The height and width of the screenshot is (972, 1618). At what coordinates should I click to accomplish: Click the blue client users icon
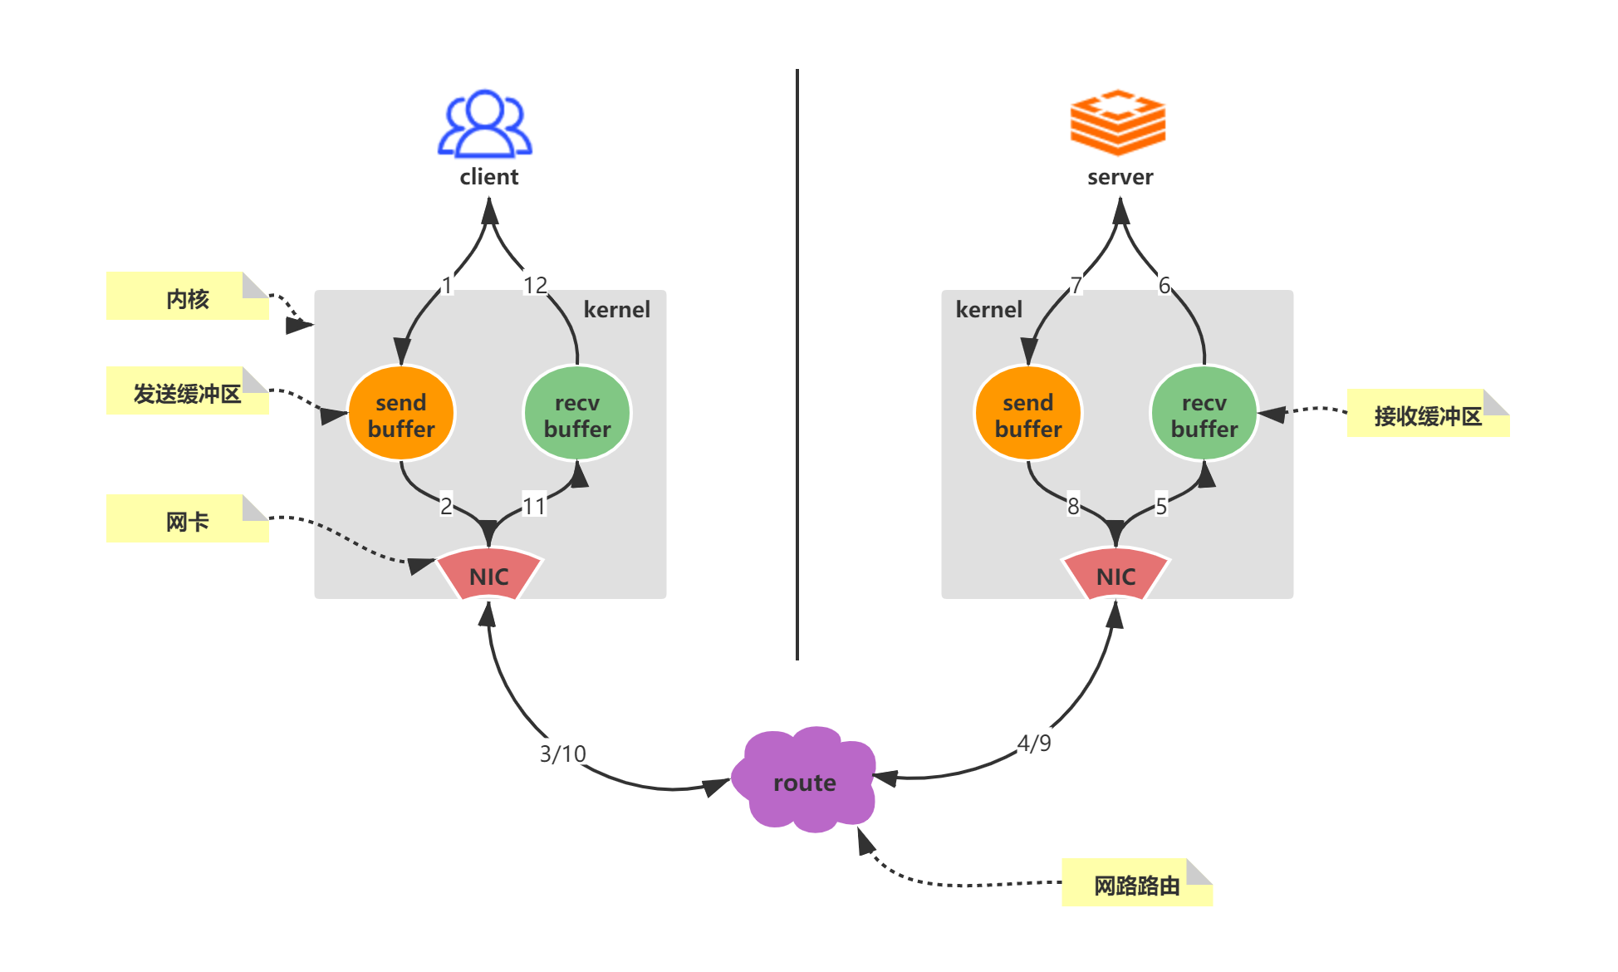(485, 124)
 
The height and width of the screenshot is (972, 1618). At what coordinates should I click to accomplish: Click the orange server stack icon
(1118, 123)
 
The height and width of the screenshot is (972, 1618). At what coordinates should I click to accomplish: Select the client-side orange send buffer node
(401, 414)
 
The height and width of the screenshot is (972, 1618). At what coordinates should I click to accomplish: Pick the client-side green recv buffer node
(577, 414)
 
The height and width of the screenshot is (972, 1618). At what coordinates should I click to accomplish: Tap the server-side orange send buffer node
(1028, 414)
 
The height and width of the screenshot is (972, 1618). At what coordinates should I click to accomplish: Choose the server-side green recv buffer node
(1204, 414)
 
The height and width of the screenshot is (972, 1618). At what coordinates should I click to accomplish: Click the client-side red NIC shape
(489, 575)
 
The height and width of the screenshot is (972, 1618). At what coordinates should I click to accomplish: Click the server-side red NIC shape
(1116, 575)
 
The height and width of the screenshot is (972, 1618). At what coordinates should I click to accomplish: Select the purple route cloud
(804, 781)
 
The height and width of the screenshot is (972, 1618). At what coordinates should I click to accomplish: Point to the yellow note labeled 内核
(187, 297)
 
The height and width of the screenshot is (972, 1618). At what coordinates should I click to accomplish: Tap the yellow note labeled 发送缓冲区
(187, 392)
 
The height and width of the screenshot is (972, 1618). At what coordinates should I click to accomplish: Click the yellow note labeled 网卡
(187, 520)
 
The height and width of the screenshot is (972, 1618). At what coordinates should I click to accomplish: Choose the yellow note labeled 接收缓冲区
(1427, 415)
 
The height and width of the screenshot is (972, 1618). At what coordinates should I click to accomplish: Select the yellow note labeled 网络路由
(1136, 884)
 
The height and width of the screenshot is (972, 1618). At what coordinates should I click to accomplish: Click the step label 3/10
(562, 754)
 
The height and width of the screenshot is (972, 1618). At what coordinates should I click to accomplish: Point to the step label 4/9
(1034, 743)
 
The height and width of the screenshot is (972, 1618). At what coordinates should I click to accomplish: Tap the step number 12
(535, 286)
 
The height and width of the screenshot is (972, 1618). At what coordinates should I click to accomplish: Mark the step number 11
(533, 506)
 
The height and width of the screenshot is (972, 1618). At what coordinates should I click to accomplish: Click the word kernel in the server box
(988, 310)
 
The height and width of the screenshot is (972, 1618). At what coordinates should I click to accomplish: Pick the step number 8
(1073, 506)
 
